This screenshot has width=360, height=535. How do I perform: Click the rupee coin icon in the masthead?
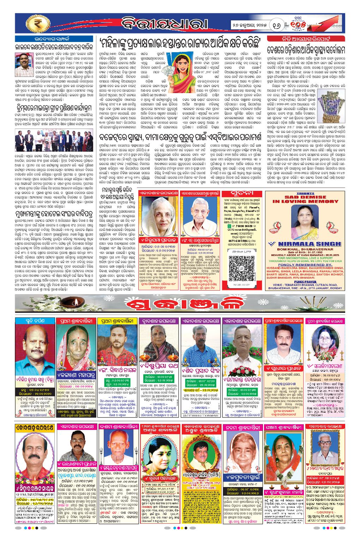[x=37, y=24]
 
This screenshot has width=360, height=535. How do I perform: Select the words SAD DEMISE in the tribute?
[x=305, y=197]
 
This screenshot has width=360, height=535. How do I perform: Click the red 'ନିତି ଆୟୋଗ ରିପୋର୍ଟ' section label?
[x=306, y=38]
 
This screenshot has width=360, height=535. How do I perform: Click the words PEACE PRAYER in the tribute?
[x=305, y=282]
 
